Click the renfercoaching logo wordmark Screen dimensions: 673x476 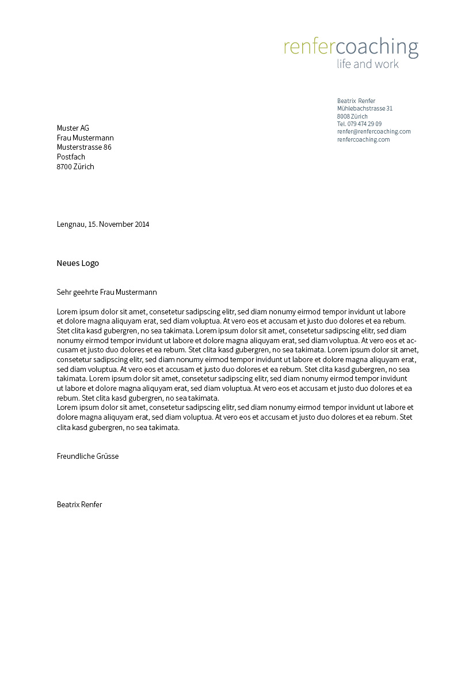tap(351, 47)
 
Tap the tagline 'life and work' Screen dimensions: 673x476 tap(368, 64)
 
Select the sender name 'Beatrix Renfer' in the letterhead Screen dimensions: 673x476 tap(356, 101)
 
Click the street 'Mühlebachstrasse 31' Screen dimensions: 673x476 tap(365, 108)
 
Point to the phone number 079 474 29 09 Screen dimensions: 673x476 tap(359, 124)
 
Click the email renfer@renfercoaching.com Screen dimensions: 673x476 tap(374, 131)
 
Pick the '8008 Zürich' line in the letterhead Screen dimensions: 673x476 tap(352, 116)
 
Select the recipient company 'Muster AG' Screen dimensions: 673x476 tap(73, 128)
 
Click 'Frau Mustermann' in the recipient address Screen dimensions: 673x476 tap(85, 138)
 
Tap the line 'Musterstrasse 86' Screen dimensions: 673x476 tap(84, 147)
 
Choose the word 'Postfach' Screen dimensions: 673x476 tap(71, 157)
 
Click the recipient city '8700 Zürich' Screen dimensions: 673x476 tap(75, 166)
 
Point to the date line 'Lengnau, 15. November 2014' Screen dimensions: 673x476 tap(103, 225)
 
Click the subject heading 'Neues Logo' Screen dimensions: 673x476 tap(78, 263)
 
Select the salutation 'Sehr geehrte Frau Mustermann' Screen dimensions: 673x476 tap(107, 292)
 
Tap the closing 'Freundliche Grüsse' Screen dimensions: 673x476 tap(87, 456)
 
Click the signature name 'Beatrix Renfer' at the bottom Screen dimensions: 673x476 tap(79, 505)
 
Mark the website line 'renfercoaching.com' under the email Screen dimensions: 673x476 tap(364, 139)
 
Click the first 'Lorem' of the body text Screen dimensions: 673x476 tap(67, 311)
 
